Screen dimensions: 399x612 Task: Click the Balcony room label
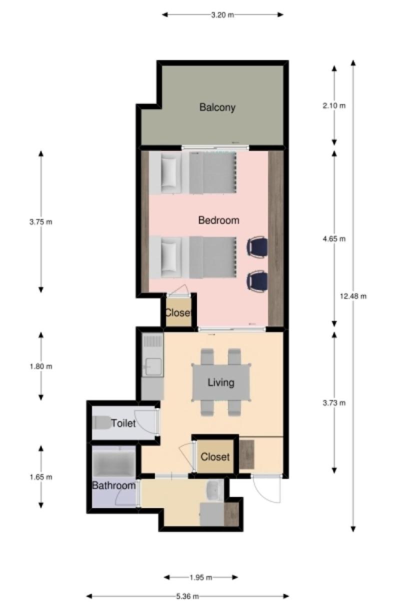pos(217,107)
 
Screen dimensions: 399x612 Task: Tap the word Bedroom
pos(218,220)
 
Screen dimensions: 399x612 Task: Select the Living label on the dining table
pos(221,382)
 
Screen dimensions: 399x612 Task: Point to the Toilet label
pos(123,423)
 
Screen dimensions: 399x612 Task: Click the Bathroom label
pos(114,485)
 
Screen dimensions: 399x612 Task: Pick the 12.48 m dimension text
pos(353,296)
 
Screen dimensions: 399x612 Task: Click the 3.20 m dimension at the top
pos(222,15)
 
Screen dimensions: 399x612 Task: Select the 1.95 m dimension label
pos(201,577)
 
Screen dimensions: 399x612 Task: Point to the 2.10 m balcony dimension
pos(334,105)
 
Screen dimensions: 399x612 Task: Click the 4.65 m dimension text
pos(334,239)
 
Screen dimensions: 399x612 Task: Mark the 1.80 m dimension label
pos(41,366)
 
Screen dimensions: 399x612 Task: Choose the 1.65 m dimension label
pos(41,477)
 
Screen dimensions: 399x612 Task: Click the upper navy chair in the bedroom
pos(257,246)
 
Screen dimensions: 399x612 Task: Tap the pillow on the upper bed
pos(168,172)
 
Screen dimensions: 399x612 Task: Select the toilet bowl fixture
pos(101,422)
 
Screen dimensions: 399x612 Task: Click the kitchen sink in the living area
pos(153,366)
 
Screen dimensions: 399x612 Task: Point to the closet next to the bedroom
pos(178,311)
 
